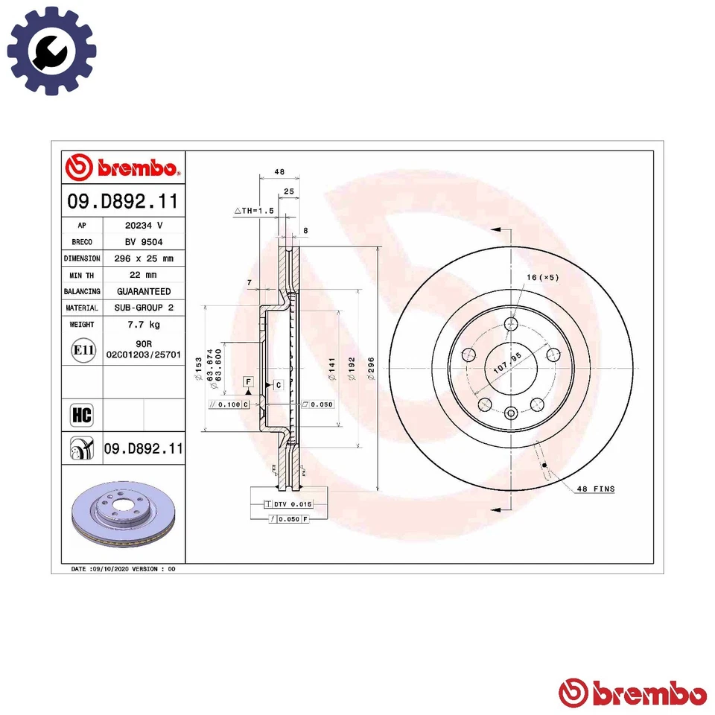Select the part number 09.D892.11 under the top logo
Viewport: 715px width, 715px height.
(x=122, y=200)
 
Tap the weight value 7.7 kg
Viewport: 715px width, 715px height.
(x=143, y=325)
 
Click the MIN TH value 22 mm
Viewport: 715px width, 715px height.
(x=143, y=275)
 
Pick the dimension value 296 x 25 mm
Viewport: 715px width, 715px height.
(x=143, y=258)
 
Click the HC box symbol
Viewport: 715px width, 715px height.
(x=81, y=415)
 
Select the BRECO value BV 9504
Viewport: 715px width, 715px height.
(x=143, y=242)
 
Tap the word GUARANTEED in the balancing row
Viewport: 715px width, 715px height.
(x=143, y=291)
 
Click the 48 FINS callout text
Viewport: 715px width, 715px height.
(x=595, y=489)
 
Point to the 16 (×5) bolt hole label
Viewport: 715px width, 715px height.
(x=543, y=278)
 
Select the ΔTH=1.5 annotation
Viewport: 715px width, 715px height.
(x=255, y=212)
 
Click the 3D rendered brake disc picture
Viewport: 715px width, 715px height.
(x=122, y=513)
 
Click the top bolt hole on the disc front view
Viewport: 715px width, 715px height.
(x=511, y=324)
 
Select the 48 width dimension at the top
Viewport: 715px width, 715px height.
(x=279, y=172)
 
